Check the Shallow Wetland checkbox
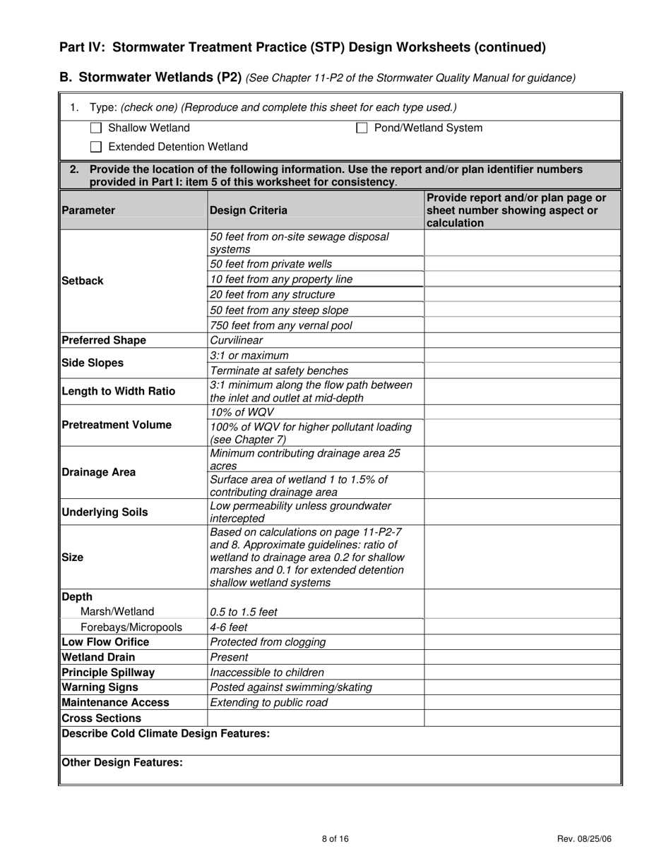click(x=97, y=128)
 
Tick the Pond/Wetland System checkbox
click(x=362, y=128)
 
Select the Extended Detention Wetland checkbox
click(x=97, y=147)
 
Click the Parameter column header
click(x=88, y=210)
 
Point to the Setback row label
click(x=82, y=281)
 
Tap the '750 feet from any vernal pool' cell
click(x=280, y=325)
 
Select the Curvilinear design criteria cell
click(x=237, y=340)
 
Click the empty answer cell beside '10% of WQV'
click(x=522, y=412)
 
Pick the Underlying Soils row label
click(x=105, y=512)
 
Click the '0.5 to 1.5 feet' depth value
click(x=244, y=612)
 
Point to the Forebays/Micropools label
click(x=131, y=627)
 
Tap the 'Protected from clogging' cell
click(x=268, y=642)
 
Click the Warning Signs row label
click(x=100, y=687)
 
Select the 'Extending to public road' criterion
click(x=269, y=702)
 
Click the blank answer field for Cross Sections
click(x=522, y=718)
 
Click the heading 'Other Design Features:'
click(x=122, y=762)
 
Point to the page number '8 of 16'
click(x=335, y=839)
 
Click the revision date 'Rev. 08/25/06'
click(x=584, y=839)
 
